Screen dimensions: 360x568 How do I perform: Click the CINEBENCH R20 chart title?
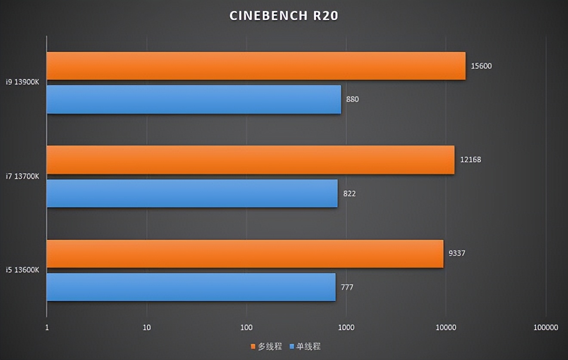(x=284, y=16)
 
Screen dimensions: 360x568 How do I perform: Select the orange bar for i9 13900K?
(x=256, y=66)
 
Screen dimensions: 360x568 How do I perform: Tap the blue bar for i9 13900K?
(x=194, y=99)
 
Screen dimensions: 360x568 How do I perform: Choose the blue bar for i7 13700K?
(x=192, y=193)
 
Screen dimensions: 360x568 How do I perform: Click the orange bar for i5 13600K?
(x=245, y=254)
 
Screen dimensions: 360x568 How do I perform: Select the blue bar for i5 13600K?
(x=191, y=287)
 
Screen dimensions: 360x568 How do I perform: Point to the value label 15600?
(x=481, y=66)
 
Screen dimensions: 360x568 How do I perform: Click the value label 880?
(x=352, y=99)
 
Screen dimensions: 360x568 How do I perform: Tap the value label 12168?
(x=470, y=160)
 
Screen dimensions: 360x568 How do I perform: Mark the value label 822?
(x=349, y=194)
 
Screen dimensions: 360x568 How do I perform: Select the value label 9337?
(x=457, y=253)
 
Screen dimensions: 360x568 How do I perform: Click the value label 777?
(x=347, y=287)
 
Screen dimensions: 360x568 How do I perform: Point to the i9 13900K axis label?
(x=22, y=82)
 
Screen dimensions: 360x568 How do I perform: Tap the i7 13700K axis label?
(x=22, y=176)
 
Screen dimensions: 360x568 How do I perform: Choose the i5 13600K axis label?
(x=22, y=270)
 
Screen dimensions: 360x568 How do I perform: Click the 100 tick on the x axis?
(x=246, y=328)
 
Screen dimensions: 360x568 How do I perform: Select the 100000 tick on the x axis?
(x=546, y=328)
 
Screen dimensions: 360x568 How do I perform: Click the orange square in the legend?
(x=253, y=347)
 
